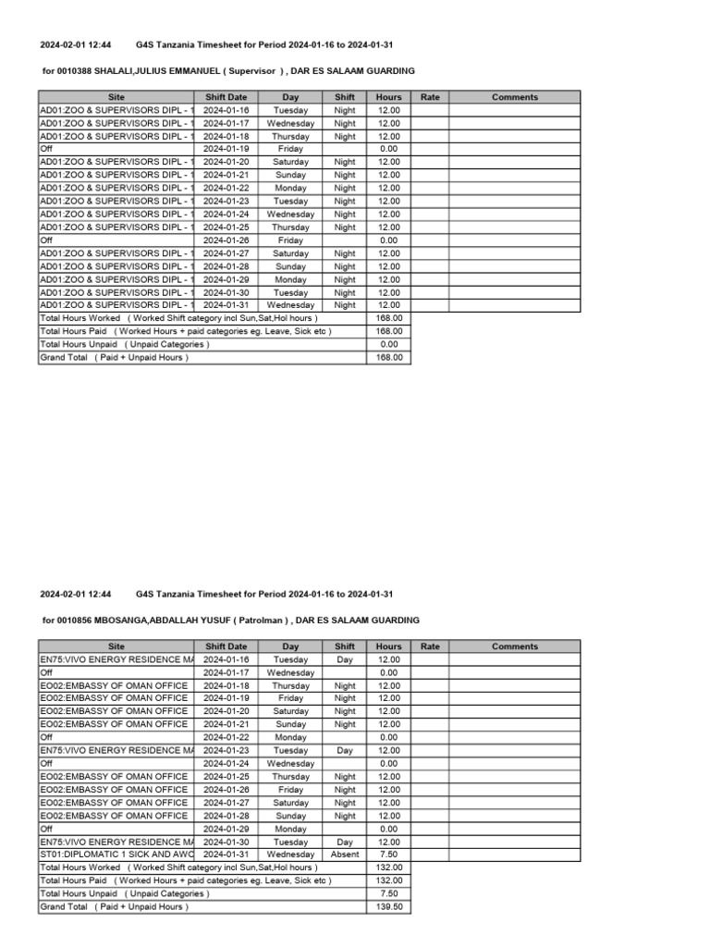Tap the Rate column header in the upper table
pos(430,97)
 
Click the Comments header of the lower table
pos(515,646)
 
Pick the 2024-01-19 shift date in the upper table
pos(226,148)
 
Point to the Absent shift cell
pos(345,855)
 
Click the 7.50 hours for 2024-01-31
pos(389,855)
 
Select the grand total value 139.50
pos(389,907)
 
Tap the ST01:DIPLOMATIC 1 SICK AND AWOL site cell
pos(116,855)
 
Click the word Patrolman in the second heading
pos(263,620)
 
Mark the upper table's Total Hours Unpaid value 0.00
pos(389,344)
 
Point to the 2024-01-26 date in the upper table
pos(226,240)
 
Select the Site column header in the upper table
pos(116,97)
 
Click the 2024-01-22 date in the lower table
pos(226,737)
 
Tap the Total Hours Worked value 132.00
pos(389,868)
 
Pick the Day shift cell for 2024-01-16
pos(345,659)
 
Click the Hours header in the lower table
pos(389,646)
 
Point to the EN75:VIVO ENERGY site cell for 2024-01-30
pos(116,842)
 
